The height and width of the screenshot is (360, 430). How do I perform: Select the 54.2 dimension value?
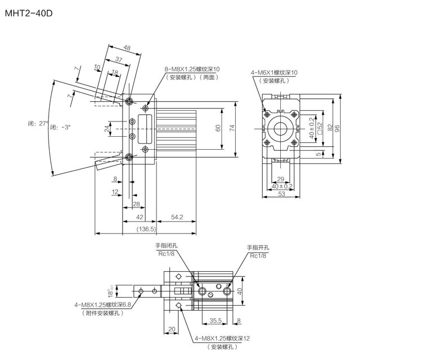tap(177, 217)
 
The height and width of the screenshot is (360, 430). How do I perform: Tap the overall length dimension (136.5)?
tap(147, 229)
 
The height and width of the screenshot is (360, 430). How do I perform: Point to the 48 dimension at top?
tap(127, 49)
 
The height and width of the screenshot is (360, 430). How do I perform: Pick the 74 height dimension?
tap(232, 129)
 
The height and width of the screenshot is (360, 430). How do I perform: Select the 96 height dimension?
tap(338, 129)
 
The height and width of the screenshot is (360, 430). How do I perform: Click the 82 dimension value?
tap(329, 129)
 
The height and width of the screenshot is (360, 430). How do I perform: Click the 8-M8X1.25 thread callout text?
tap(192, 70)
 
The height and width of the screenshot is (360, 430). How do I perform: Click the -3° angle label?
tap(60, 127)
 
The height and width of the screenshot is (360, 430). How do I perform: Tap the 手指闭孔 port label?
tap(167, 246)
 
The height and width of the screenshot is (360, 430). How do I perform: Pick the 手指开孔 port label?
tap(258, 248)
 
